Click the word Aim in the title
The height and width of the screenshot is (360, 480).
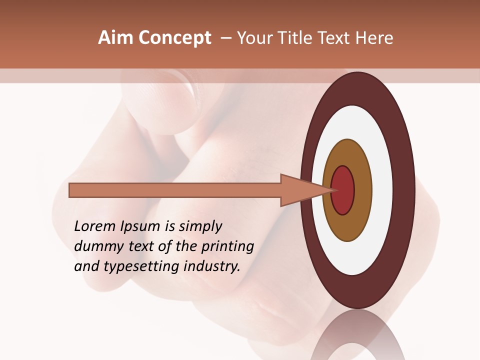(115, 38)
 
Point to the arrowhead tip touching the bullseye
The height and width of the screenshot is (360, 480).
(332, 190)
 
